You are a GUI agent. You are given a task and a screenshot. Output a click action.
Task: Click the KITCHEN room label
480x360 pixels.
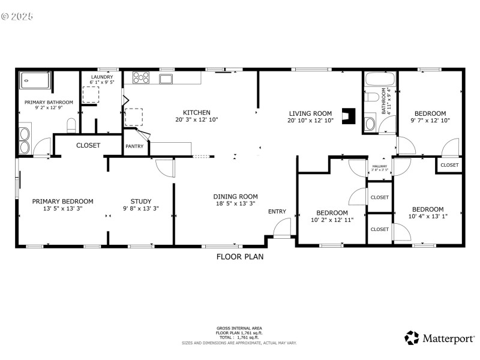point(196,112)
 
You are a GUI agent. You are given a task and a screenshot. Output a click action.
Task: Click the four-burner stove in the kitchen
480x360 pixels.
point(141,77)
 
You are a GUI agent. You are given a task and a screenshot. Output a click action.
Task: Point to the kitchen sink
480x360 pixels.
point(166,79)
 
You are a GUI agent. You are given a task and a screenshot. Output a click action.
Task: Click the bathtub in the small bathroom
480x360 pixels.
point(380,79)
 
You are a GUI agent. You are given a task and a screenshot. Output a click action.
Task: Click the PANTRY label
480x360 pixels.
point(133,146)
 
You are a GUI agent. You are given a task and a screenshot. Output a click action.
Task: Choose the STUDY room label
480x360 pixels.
point(141,201)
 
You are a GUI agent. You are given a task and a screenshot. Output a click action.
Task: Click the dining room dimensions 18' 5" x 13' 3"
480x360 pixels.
point(235,204)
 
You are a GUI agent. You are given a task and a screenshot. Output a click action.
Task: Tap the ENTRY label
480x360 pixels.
point(277,211)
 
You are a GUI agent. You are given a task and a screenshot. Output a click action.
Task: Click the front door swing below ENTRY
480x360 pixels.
point(282,229)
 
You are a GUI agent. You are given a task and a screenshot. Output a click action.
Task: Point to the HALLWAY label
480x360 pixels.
point(379,166)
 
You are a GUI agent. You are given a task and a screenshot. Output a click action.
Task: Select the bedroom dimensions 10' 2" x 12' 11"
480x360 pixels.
point(332,220)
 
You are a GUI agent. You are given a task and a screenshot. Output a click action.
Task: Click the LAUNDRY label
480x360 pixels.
point(102,77)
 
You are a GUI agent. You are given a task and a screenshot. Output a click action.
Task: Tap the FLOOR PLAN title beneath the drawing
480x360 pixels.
point(240,256)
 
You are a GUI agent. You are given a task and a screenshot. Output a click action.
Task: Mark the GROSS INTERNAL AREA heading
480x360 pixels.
point(239,328)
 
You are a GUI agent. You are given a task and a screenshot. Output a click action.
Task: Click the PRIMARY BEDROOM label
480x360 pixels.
point(63,201)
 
